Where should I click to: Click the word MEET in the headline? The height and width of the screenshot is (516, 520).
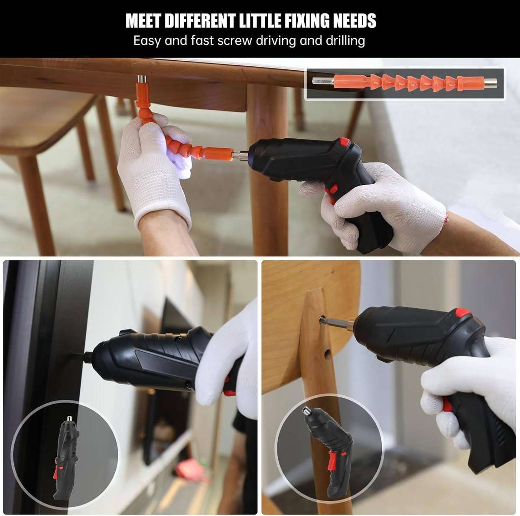tap(143, 21)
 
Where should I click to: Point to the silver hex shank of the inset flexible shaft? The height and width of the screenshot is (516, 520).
tap(322, 82)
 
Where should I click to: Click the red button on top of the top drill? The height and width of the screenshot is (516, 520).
tap(344, 142)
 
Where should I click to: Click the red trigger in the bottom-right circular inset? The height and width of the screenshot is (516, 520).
tap(334, 460)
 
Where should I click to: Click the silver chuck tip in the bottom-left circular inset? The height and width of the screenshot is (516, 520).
tap(69, 419)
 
